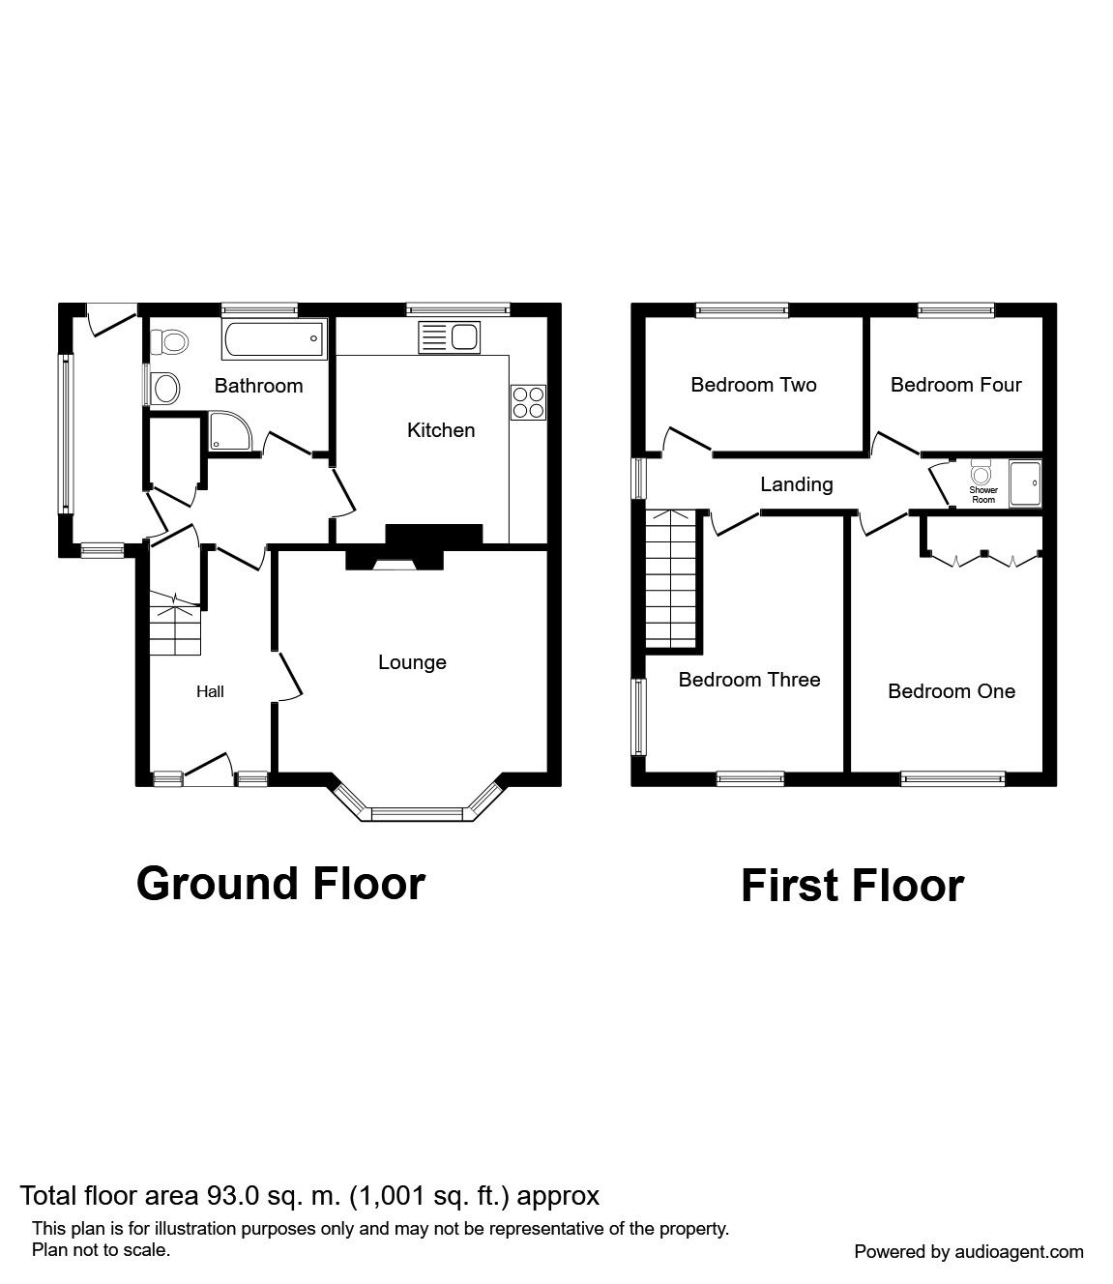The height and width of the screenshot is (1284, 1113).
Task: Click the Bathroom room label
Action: [x=258, y=386]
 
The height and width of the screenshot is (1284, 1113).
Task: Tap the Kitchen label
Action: [x=441, y=430]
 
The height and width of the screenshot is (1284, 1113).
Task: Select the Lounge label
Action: [x=412, y=662]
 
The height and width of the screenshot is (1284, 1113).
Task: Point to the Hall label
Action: [x=210, y=691]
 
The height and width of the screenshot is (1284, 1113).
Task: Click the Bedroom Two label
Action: [x=753, y=385]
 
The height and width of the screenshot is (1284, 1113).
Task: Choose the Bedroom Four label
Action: [x=955, y=385]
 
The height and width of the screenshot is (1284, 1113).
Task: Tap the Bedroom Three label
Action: [x=748, y=680]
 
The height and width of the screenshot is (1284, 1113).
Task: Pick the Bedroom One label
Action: [x=952, y=691]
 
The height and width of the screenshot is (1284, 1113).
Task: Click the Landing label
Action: [x=796, y=484]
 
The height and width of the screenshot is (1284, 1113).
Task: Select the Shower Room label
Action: [x=983, y=495]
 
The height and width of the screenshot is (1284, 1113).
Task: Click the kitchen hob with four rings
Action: [x=528, y=402]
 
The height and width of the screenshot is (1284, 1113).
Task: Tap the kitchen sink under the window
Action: [x=449, y=337]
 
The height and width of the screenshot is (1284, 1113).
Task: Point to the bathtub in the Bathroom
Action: [x=272, y=339]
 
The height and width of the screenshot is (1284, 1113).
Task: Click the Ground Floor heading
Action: [x=280, y=883]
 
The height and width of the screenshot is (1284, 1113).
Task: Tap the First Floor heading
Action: [x=852, y=886]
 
